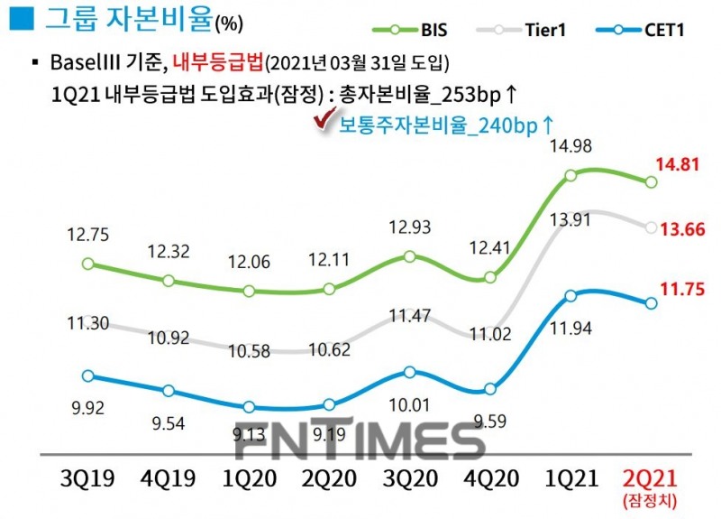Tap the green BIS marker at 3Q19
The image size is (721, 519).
87,264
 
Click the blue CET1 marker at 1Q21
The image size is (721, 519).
571,295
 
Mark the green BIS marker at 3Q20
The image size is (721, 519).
410,256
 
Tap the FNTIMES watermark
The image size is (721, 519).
360,440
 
